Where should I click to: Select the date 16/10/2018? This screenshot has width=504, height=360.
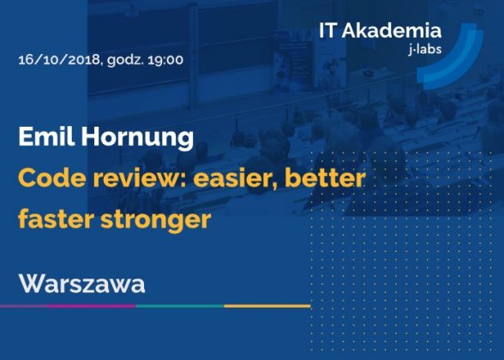tap(60, 60)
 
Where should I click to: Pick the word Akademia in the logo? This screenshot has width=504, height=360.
tap(392, 31)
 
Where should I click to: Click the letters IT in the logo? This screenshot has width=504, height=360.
tap(327, 31)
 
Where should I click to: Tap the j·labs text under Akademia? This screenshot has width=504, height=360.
tap(425, 50)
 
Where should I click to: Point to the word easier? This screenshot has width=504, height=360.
tap(236, 179)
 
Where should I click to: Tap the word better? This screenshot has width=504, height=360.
tap(325, 178)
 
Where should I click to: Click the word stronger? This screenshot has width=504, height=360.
tap(156, 220)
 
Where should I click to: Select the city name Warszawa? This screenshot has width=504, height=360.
tap(82, 284)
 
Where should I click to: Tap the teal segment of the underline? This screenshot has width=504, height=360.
tap(180, 306)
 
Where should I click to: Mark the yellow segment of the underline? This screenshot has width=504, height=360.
tap(267, 306)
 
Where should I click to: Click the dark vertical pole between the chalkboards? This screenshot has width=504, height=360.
tap(193, 55)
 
